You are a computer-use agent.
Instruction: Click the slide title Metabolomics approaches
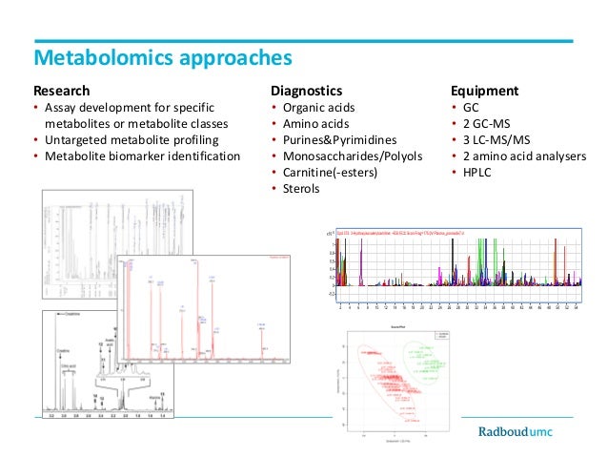pos(162,58)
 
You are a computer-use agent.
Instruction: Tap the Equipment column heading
pos(484,92)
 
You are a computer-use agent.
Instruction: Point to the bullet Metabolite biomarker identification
pos(142,156)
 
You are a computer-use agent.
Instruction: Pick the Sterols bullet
pos(302,188)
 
